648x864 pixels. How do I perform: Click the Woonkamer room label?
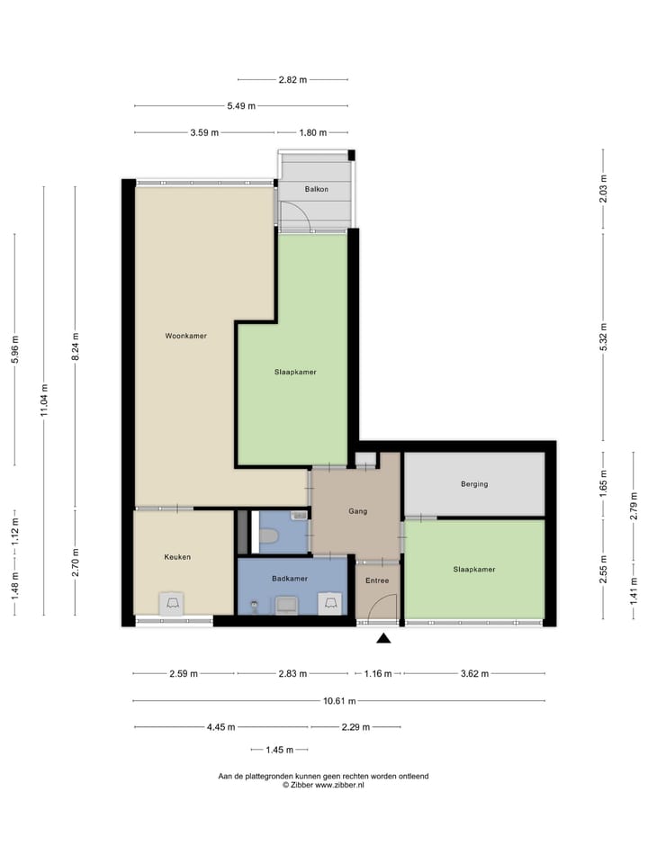click(x=185, y=336)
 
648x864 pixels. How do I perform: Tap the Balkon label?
click(x=316, y=189)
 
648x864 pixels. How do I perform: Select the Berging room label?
click(x=473, y=484)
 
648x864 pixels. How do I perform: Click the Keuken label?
click(x=177, y=557)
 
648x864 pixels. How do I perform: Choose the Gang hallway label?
click(x=357, y=511)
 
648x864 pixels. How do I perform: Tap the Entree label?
click(x=376, y=580)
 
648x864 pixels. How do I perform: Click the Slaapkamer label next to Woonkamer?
click(x=295, y=372)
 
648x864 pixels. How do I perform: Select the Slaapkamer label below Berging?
click(x=474, y=569)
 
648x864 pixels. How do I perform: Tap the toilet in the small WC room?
click(x=268, y=537)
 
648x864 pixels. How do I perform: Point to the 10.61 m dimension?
click(x=338, y=701)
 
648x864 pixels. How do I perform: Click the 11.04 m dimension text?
click(x=44, y=388)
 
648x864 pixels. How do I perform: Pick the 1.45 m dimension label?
click(x=279, y=750)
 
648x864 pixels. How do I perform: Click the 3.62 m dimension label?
click(x=473, y=673)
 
